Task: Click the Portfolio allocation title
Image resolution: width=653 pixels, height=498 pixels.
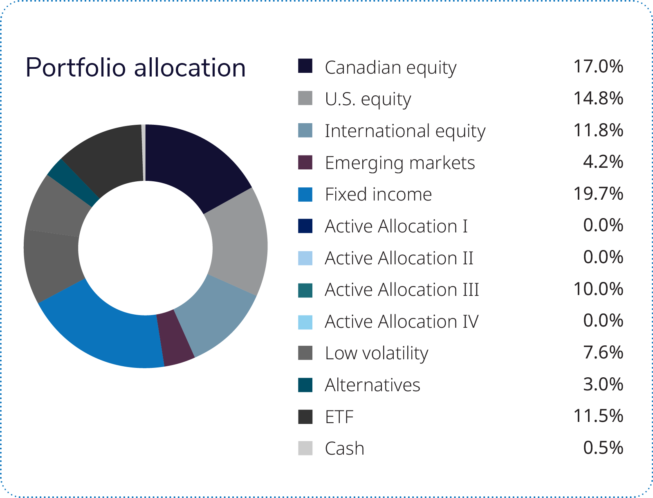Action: point(136,68)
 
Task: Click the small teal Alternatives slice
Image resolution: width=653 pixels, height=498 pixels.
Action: point(73,182)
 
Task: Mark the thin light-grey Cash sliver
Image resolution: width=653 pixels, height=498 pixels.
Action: point(144,152)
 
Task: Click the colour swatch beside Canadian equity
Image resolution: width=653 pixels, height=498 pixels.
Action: point(305,66)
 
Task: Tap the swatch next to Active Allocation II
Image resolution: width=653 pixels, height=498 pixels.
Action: point(305,258)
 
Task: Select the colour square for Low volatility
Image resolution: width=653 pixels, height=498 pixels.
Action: point(305,353)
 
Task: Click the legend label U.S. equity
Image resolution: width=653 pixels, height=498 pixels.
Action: point(368,99)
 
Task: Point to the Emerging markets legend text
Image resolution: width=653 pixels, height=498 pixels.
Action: point(400,163)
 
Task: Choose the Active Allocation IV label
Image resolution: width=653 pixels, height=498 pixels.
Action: point(402,322)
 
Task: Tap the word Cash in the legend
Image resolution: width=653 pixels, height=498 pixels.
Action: point(345,448)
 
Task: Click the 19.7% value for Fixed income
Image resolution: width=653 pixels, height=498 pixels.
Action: point(598,194)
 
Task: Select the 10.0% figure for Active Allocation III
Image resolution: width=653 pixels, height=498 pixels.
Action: point(598,289)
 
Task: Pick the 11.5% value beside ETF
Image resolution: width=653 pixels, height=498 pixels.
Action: point(598,416)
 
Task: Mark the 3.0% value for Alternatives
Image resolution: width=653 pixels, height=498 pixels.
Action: point(603,384)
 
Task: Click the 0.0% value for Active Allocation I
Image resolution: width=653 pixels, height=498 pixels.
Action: point(603,225)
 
